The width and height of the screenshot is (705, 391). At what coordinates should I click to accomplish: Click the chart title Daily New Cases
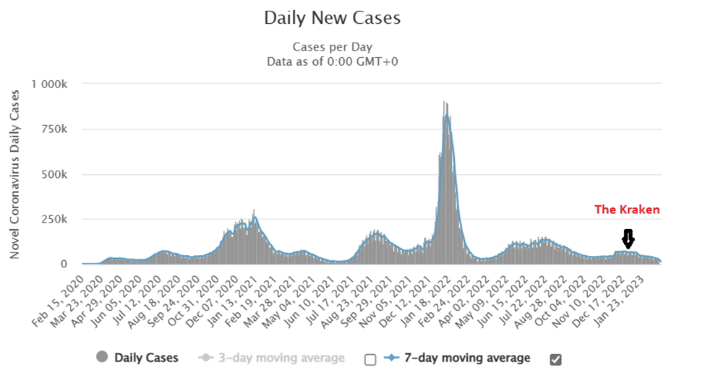click(332, 17)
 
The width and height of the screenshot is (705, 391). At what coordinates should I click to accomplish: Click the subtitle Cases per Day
click(332, 47)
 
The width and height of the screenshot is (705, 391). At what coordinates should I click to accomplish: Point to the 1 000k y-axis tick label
click(50, 85)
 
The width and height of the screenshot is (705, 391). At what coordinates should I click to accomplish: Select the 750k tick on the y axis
click(55, 129)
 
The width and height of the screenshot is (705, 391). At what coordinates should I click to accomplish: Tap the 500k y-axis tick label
click(55, 174)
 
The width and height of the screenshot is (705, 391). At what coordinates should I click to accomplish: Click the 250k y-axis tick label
click(55, 219)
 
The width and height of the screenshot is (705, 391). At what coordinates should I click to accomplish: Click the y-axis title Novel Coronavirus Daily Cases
click(15, 173)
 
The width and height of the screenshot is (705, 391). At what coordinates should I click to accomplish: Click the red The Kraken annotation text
click(627, 210)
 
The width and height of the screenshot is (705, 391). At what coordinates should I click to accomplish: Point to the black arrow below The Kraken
click(628, 239)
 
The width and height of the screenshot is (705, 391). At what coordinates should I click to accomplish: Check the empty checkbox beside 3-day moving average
click(370, 359)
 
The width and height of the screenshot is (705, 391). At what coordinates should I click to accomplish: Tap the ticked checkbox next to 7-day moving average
click(555, 359)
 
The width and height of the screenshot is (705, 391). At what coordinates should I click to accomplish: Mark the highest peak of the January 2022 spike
click(445, 103)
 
